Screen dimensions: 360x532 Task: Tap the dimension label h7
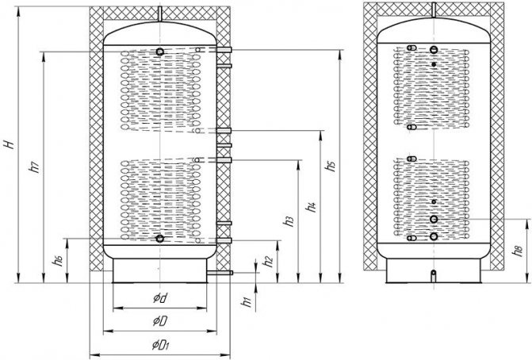tap(32, 167)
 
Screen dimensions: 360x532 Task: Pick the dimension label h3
tap(289, 221)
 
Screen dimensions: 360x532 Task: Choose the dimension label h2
tap(270, 259)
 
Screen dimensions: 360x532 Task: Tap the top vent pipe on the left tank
tap(160, 15)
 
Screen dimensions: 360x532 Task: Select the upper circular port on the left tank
tap(160, 52)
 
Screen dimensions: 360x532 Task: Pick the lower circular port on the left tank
tap(160, 239)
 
